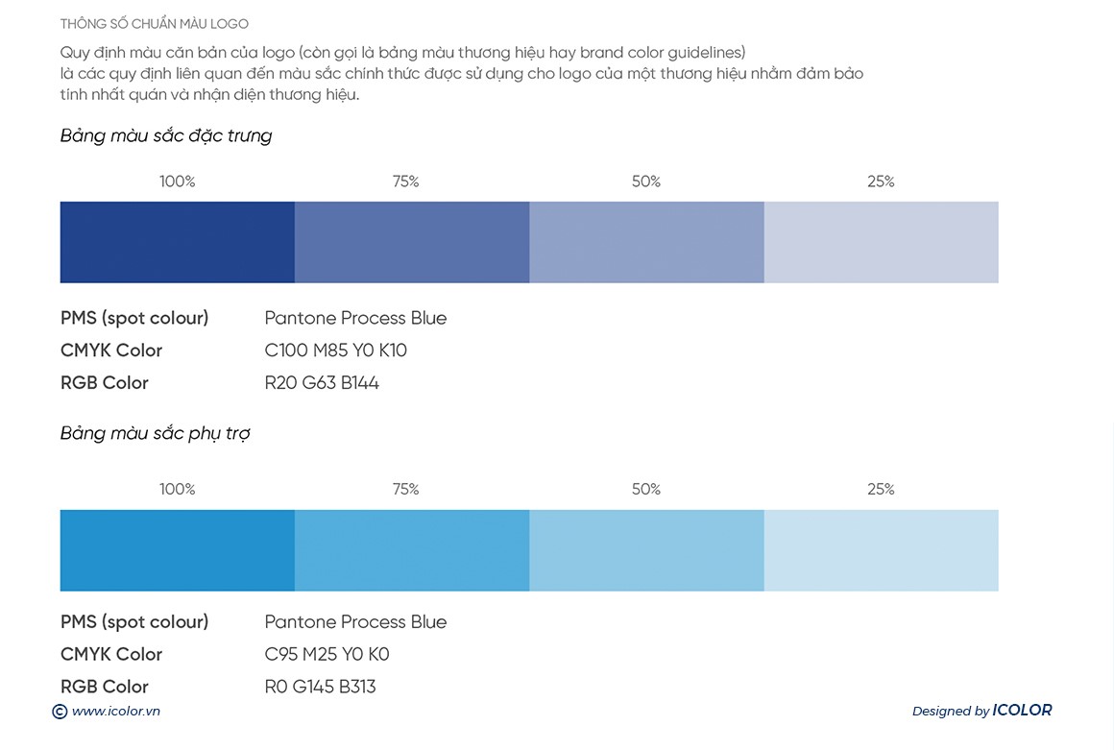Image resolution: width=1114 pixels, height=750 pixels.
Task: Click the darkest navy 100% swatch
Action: pyautogui.click(x=177, y=242)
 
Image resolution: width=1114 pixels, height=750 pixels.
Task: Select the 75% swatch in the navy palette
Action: pyautogui.click(x=411, y=242)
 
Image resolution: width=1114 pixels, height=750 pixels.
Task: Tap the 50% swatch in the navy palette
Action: pyautogui.click(x=646, y=242)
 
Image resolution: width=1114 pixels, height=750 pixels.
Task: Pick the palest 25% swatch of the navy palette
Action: pyautogui.click(x=881, y=242)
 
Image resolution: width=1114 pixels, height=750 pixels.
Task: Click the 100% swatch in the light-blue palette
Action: pyautogui.click(x=177, y=550)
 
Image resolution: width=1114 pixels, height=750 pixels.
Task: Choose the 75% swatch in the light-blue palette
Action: pyautogui.click(x=411, y=550)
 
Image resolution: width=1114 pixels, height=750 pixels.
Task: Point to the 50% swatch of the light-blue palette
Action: pyautogui.click(x=646, y=550)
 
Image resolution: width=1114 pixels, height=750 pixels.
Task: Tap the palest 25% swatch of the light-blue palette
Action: pyautogui.click(x=881, y=550)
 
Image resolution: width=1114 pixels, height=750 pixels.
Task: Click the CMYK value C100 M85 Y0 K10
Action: pyautogui.click(x=335, y=351)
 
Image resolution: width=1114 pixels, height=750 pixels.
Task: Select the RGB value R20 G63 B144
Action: pyautogui.click(x=322, y=383)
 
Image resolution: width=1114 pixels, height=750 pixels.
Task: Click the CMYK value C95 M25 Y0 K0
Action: pyautogui.click(x=327, y=655)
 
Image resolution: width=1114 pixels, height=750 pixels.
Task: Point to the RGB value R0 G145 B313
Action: pyautogui.click(x=320, y=687)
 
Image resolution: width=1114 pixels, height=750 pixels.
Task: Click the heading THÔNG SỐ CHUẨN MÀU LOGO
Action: pyautogui.click(x=154, y=23)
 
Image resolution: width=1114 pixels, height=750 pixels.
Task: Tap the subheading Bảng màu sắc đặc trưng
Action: pyautogui.click(x=166, y=135)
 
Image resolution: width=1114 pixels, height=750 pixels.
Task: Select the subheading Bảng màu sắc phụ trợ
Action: pyautogui.click(x=155, y=433)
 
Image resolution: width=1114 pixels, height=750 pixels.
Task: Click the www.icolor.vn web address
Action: pyautogui.click(x=115, y=712)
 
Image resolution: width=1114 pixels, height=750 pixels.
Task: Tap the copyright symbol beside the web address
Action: pyautogui.click(x=60, y=712)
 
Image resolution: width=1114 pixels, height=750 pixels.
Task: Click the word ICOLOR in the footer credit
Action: pyautogui.click(x=1022, y=711)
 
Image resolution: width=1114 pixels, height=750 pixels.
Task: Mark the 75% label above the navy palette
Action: pyautogui.click(x=405, y=181)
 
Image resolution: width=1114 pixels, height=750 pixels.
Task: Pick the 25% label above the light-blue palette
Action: pyautogui.click(x=881, y=490)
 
